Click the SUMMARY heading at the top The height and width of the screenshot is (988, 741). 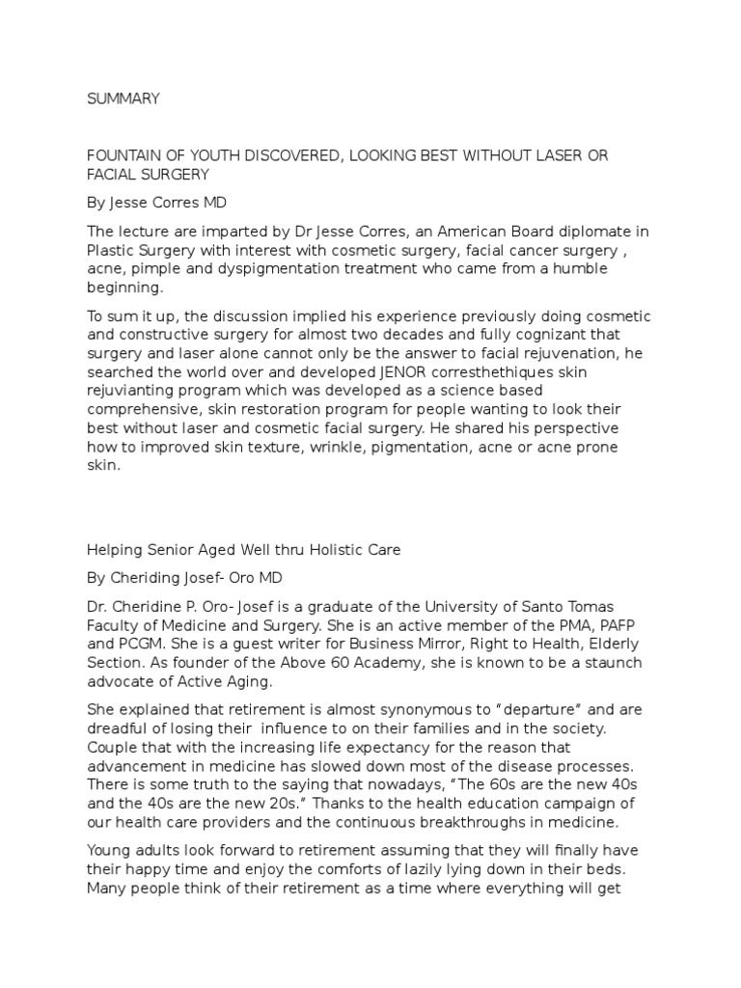[x=123, y=98]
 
